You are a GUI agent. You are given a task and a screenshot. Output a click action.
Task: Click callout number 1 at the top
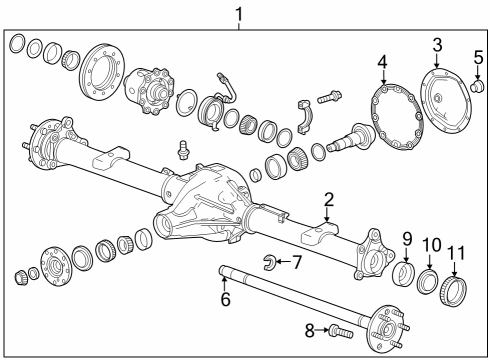pos(239,15)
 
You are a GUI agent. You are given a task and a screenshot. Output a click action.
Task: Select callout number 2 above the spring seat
pos(328,200)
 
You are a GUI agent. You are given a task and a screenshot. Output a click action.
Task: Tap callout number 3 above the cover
pos(437,45)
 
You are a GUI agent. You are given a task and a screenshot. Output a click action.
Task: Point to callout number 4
pos(382,63)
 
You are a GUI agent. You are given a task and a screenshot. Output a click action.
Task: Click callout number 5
pos(478,57)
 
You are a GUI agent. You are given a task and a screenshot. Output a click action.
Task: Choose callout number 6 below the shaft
pos(226,299)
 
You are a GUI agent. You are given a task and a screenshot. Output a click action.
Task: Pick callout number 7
pos(296,262)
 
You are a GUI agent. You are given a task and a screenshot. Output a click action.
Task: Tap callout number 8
pos(310,331)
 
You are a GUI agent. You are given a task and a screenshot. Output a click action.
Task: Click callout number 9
pos(407,239)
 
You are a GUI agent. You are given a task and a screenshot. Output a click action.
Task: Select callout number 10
pos(432,245)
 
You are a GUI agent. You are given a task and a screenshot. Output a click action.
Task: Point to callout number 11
pos(456,253)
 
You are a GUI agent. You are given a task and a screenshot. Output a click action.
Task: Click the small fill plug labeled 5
pos(476,85)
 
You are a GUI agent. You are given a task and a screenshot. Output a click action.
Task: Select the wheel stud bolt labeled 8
pos(341,332)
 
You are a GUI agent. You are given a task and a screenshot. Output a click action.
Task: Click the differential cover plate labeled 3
pos(445,101)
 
